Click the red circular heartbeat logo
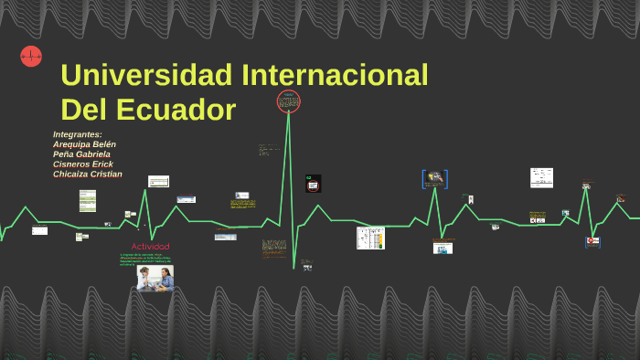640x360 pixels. (31, 57)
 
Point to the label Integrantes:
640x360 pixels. (78, 134)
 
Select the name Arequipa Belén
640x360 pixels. (84, 144)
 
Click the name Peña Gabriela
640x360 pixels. (81, 154)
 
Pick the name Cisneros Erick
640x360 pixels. (83, 164)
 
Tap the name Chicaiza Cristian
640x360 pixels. (87, 175)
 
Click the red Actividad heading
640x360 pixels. (150, 247)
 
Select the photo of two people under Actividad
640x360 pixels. (155, 277)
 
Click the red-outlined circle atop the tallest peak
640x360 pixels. (289, 101)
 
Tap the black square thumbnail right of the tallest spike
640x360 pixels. (314, 184)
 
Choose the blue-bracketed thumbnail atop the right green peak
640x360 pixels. (434, 179)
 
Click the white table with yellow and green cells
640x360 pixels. (370, 238)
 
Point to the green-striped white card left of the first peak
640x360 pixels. (88, 200)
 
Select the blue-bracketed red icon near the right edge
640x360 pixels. (592, 241)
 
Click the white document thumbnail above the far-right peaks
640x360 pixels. (541, 177)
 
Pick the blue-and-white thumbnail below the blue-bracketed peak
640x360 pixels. (443, 247)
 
